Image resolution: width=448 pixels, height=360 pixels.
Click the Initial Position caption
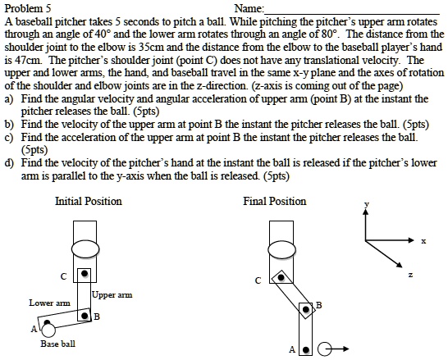tap(88, 201)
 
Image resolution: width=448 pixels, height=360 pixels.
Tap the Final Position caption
tap(274, 201)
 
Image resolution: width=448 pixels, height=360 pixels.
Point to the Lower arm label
tap(43, 303)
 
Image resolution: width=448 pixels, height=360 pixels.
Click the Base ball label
tap(57, 344)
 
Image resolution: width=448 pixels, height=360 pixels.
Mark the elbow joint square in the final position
tap(306, 308)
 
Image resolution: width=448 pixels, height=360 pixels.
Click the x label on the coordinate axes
tap(423, 241)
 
